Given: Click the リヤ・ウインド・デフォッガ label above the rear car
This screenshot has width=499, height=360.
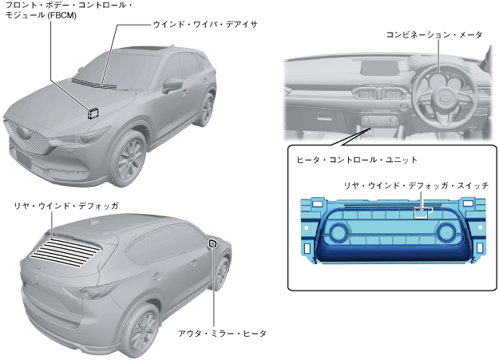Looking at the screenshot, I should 66,206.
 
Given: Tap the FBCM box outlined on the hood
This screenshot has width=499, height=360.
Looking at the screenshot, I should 93,113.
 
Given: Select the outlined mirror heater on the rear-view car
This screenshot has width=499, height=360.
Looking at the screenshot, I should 212,243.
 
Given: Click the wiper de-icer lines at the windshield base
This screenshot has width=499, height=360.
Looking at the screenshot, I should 94,82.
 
